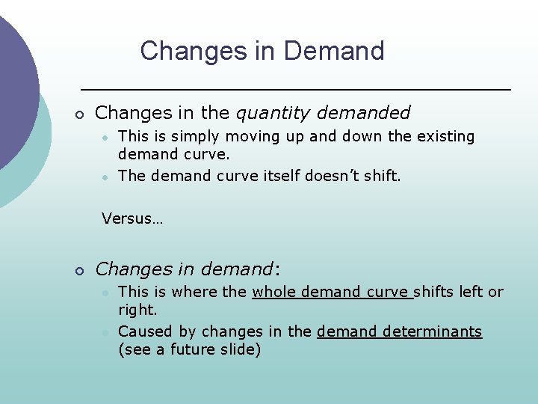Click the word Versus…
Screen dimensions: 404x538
(132, 218)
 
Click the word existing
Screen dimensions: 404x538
(446, 136)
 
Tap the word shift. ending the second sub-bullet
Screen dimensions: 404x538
(383, 175)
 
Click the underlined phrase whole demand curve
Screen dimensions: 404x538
(333, 292)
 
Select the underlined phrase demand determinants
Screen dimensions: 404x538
(400, 331)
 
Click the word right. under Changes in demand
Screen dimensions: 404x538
(137, 310)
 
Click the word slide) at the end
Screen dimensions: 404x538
(241, 349)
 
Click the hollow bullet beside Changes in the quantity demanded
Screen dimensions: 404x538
(78, 114)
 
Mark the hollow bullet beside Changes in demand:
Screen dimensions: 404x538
(78, 270)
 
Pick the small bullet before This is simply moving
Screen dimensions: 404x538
(107, 137)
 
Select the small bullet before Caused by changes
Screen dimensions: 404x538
(107, 331)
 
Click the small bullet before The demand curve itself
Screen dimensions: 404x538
(107, 176)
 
